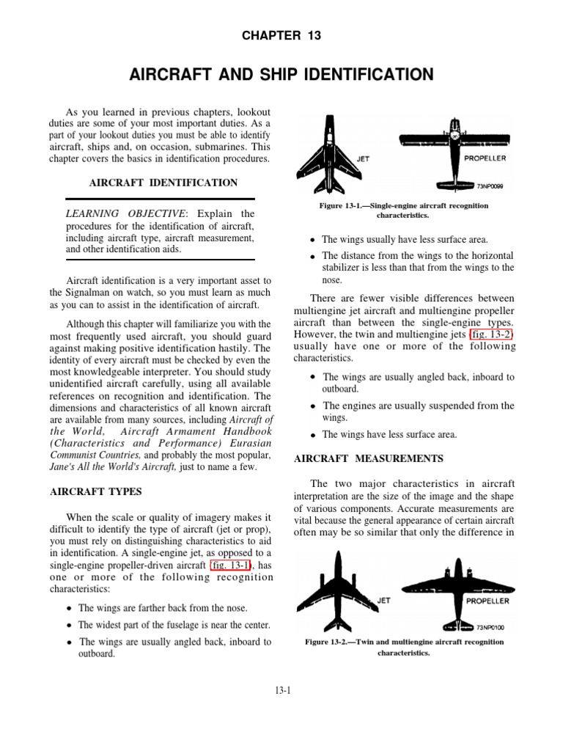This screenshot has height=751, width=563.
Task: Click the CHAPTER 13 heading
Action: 281,35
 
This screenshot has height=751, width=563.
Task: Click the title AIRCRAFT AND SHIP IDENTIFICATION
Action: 281,74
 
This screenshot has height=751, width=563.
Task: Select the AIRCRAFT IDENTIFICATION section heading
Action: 163,183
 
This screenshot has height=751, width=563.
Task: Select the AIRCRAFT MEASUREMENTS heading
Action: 368,458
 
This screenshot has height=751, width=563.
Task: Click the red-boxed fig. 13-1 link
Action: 230,565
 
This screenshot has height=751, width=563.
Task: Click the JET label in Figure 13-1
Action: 363,157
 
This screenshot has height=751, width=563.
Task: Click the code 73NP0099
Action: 490,186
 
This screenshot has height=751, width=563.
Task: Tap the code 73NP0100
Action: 490,627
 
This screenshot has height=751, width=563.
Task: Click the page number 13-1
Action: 281,689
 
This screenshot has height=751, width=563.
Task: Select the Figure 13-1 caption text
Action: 403,211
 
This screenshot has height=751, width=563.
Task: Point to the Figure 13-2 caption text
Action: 404,647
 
